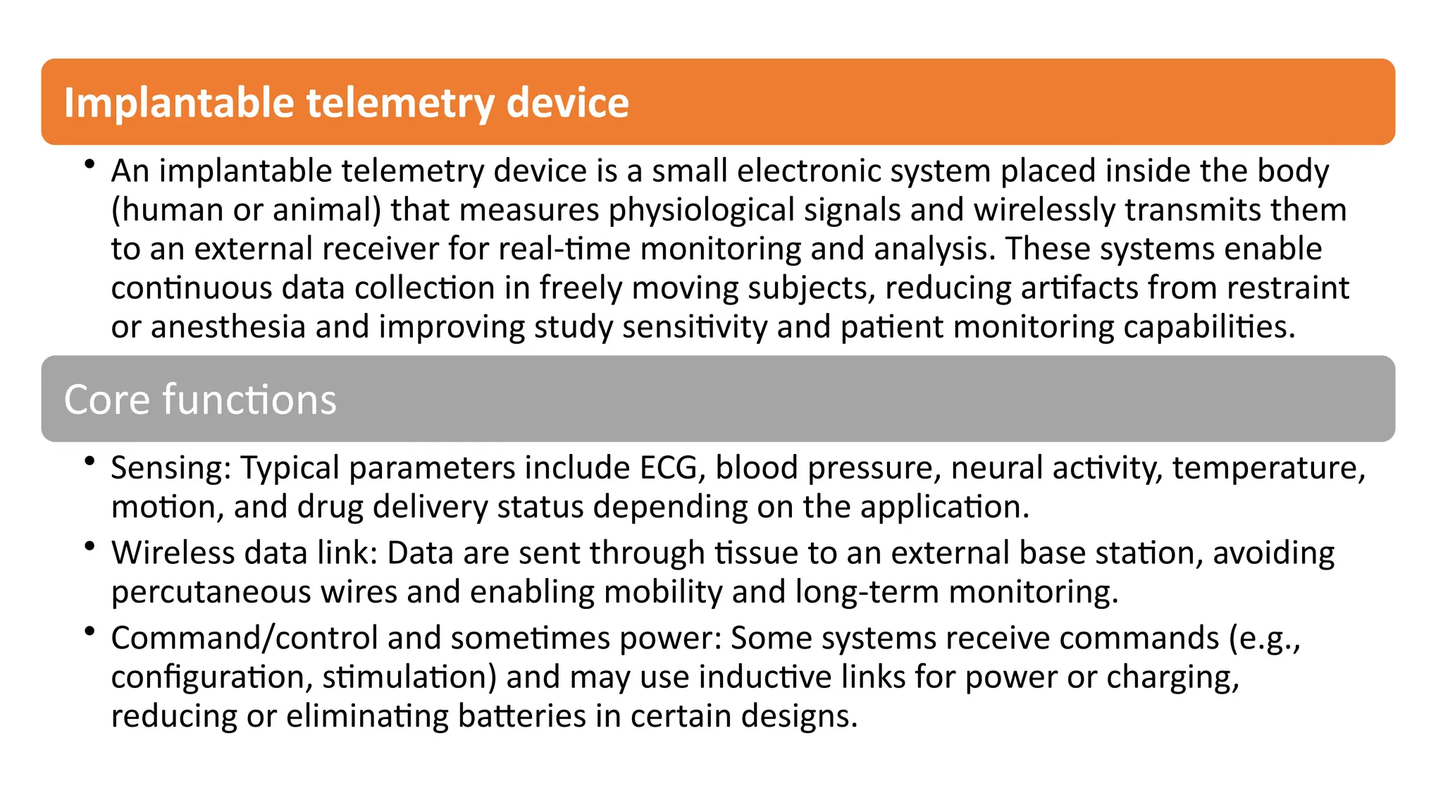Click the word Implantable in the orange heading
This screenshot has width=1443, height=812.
coord(178,103)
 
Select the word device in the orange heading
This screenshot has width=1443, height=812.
coord(567,103)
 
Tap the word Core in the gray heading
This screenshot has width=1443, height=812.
coord(106,400)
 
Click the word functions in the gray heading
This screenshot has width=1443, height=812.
coord(249,400)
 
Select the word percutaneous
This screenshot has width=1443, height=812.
coord(211,592)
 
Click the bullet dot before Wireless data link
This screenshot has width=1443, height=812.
coord(89,547)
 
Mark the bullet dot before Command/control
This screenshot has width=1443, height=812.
coord(89,632)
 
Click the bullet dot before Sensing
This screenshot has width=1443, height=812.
coord(89,462)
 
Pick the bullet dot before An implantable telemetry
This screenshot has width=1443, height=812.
coord(89,165)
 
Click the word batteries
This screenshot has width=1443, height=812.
coord(521,716)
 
